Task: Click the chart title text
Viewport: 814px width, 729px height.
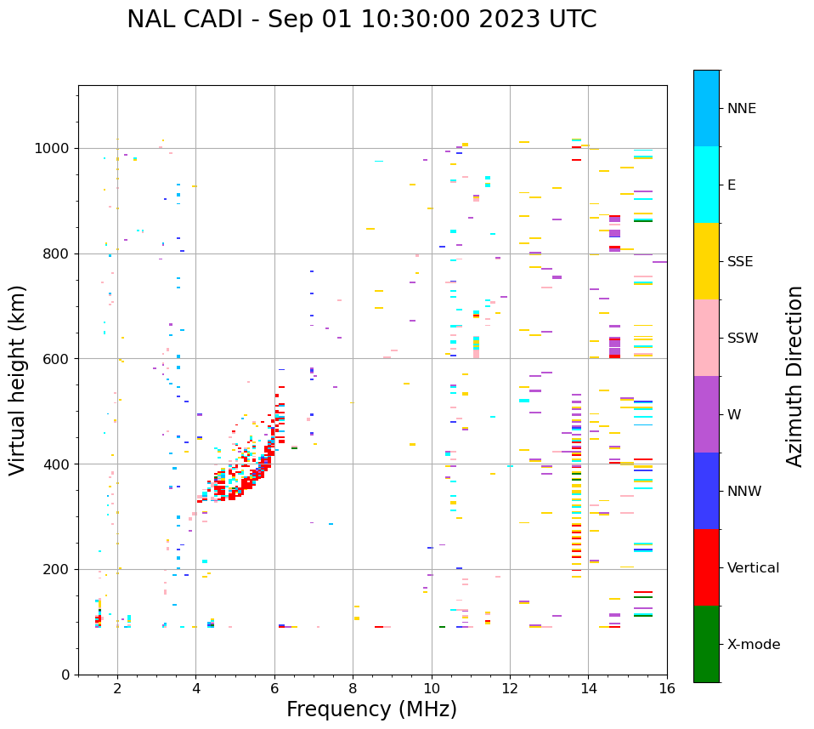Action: click(x=361, y=20)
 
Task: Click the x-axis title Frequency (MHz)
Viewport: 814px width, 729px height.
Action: click(x=371, y=709)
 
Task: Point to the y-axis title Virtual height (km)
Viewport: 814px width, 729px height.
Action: click(x=18, y=379)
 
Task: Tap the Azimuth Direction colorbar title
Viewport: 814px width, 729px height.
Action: click(x=794, y=376)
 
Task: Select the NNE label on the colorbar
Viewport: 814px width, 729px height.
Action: click(x=741, y=109)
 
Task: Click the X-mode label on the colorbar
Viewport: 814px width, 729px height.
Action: click(x=753, y=645)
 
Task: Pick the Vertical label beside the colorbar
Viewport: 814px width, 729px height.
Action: click(x=753, y=568)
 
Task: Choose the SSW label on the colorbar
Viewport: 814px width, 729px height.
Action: click(x=743, y=339)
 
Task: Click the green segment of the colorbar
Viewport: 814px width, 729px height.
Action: click(x=706, y=644)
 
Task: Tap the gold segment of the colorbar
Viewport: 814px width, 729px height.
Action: click(x=706, y=261)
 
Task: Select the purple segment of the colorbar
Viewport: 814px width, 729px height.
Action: click(x=706, y=414)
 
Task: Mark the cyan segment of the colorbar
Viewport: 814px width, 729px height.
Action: click(x=706, y=185)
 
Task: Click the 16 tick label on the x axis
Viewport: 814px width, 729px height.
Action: click(x=667, y=688)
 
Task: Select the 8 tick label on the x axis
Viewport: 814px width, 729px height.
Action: click(x=353, y=688)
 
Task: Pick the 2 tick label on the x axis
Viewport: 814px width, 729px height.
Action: click(x=117, y=688)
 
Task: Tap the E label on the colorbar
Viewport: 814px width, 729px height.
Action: click(x=732, y=185)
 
